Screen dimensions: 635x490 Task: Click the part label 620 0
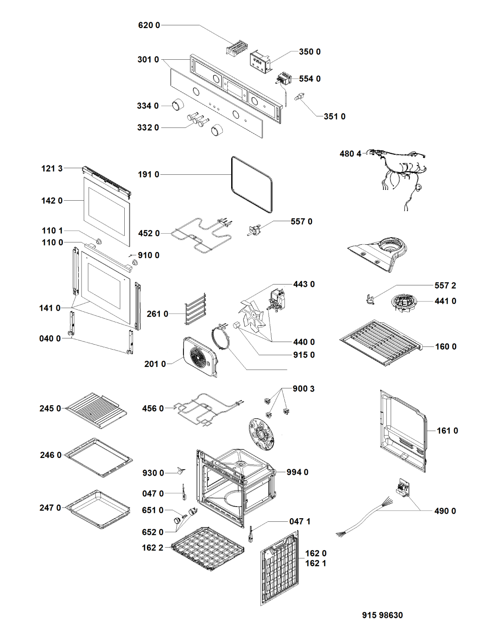(149, 25)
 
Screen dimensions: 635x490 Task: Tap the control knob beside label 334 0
(178, 105)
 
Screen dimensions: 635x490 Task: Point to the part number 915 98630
(382, 615)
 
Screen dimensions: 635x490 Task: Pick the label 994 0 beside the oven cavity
(298, 472)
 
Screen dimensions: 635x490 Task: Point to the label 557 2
(445, 285)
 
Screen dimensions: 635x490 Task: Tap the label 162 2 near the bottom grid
(153, 548)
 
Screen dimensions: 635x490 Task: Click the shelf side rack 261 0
(196, 309)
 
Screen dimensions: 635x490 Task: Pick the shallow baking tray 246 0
(98, 457)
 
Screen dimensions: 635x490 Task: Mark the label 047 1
(300, 521)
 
